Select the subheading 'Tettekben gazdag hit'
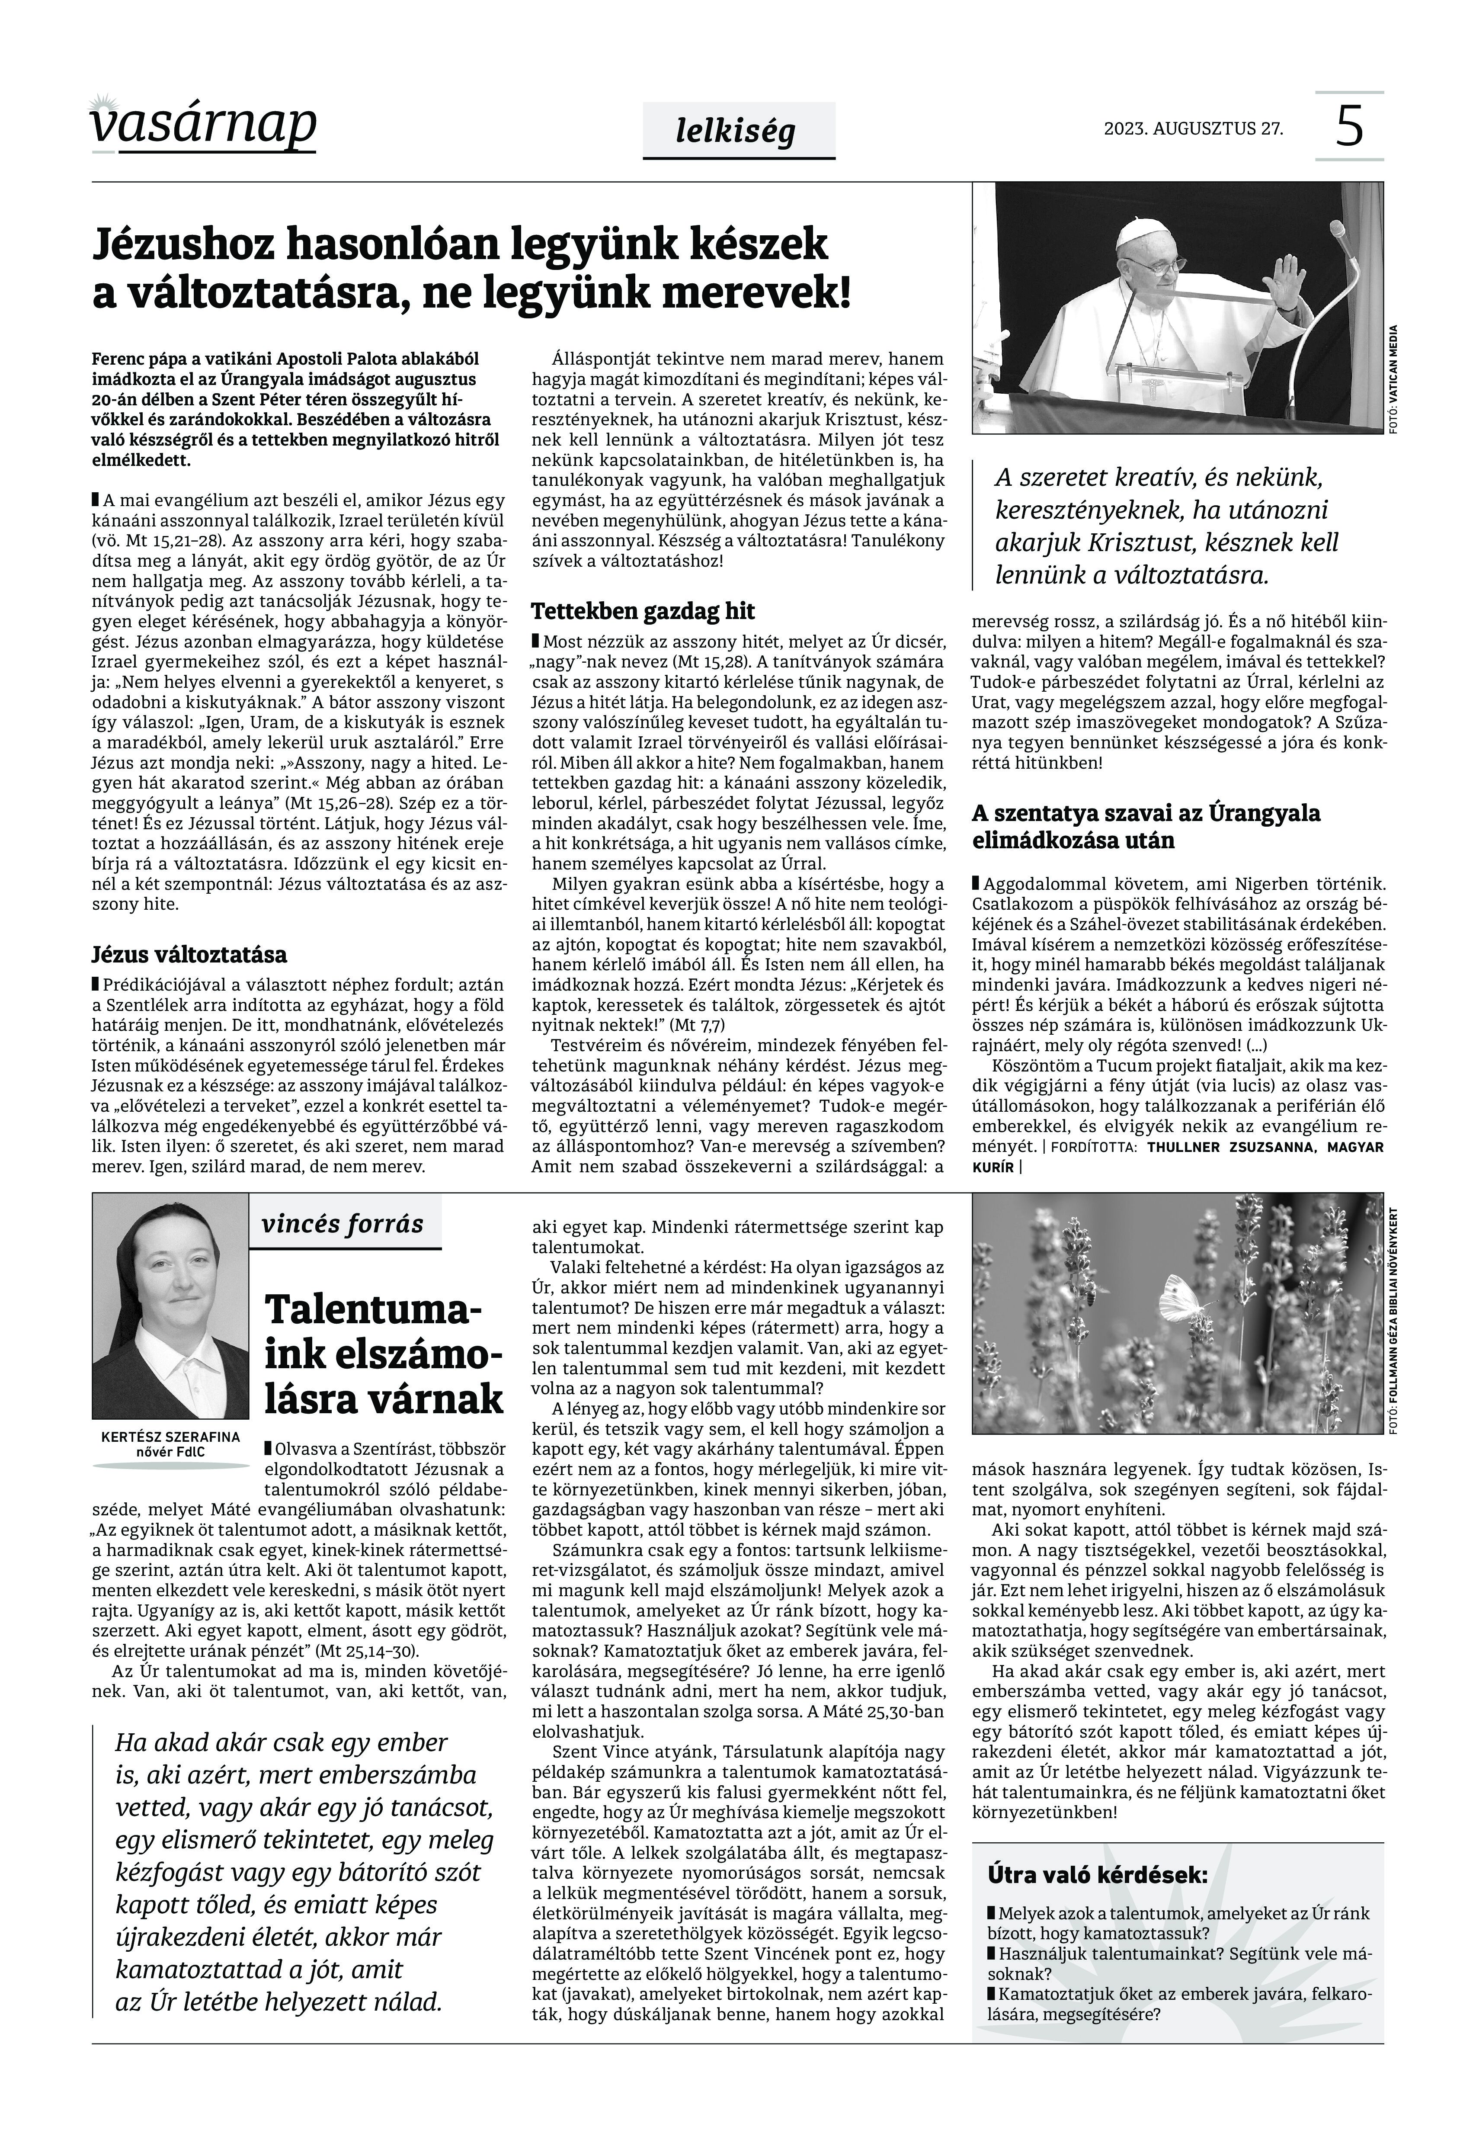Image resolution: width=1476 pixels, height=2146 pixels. pyautogui.click(x=643, y=611)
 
